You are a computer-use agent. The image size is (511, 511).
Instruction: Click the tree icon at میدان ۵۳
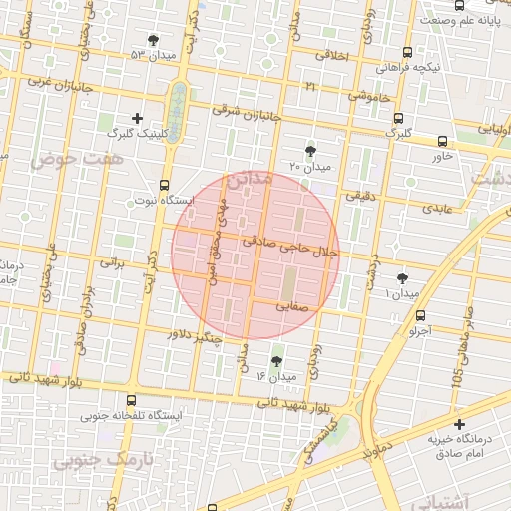(153, 40)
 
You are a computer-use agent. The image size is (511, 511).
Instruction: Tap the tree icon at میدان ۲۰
(310, 150)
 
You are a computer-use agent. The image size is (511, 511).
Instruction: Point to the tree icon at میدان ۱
(402, 279)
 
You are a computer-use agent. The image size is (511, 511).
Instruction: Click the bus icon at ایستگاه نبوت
(164, 185)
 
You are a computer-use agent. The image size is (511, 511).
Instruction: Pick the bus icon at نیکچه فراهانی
(406, 53)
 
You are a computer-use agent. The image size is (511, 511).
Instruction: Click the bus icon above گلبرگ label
(399, 117)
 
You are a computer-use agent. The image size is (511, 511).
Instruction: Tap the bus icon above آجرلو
(419, 315)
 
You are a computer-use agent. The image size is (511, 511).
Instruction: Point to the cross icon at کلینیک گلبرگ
(137, 118)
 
